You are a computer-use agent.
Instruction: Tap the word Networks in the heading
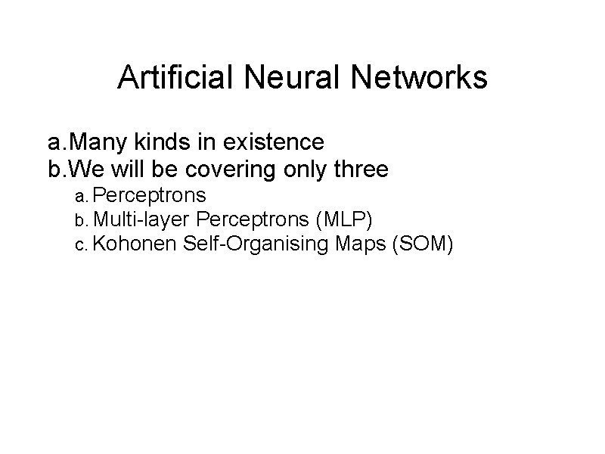[x=411, y=78]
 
